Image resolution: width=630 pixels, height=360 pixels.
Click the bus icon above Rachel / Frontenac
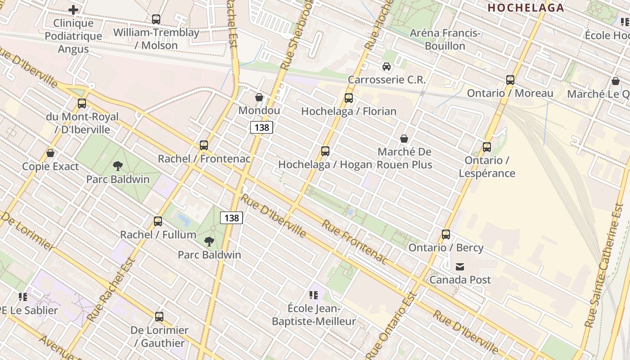coord(204,145)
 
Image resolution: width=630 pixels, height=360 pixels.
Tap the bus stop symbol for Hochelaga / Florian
coord(349,98)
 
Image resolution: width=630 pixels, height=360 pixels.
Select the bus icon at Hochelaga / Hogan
coord(325,151)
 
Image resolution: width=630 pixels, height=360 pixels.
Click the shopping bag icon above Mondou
coord(259,97)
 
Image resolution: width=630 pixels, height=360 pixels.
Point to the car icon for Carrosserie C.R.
coord(387,67)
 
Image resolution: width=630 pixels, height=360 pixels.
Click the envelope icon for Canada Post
coord(460,266)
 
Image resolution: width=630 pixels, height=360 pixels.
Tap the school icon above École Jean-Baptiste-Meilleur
coord(314,295)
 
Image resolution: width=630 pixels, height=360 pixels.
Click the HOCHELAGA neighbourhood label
coord(526,8)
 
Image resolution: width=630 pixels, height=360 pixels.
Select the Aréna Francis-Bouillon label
coord(445,39)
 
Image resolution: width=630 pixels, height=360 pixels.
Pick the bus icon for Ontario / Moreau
coord(510,80)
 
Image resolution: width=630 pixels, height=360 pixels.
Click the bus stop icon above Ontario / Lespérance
coord(486,147)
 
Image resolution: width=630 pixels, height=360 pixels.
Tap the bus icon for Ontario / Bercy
coord(445,234)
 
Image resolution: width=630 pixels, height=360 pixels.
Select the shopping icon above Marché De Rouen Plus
coord(404,138)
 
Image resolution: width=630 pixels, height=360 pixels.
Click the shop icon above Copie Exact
coord(50,153)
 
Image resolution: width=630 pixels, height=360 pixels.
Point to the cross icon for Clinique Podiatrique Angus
coord(73,9)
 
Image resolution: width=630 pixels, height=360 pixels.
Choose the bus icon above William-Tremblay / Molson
coord(156,19)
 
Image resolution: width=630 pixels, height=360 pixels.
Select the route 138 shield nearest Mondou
coord(261,127)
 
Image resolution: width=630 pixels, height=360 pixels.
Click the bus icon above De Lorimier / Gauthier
coord(159,316)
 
